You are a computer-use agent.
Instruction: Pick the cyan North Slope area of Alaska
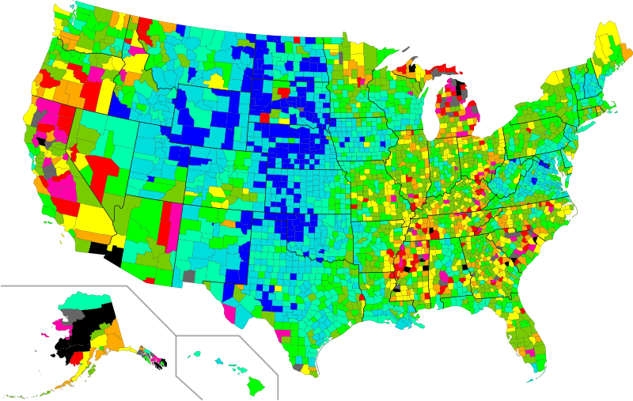coord(87,299)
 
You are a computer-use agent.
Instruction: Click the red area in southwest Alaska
coord(78,360)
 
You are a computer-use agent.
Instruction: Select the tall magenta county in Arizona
coord(174,222)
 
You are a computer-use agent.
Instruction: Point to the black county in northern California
coord(40,140)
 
